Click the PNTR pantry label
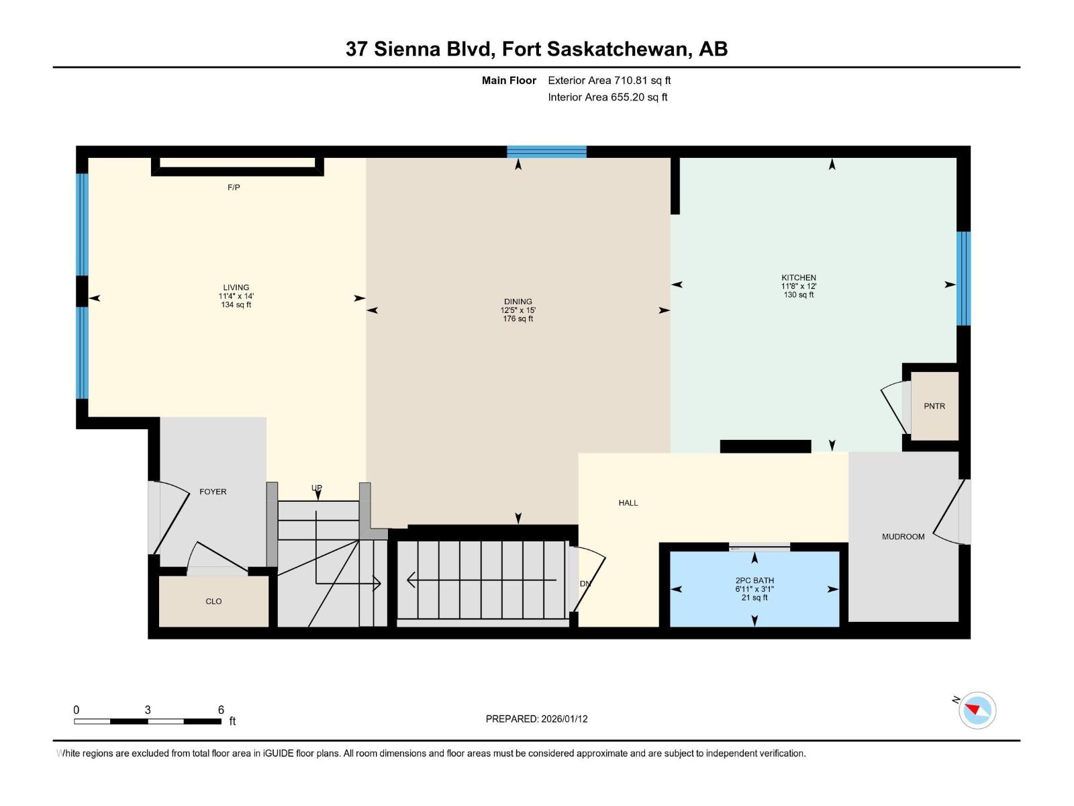[934, 406]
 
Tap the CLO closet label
[213, 601]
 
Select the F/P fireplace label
[234, 187]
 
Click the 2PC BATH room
[754, 588]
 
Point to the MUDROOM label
[903, 537]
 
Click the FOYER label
[213, 492]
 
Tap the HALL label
[628, 502]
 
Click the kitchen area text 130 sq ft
[799, 295]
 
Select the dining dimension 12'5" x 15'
[518, 310]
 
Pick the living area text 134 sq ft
[236, 305]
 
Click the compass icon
[977, 710]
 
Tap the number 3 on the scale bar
[147, 710]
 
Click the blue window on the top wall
[546, 152]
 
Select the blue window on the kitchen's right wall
[963, 278]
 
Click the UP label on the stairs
[317, 488]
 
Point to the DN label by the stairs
[585, 584]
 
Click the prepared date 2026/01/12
[563, 719]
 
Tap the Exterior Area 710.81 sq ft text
[609, 81]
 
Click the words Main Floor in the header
[509, 81]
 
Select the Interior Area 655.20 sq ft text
[607, 97]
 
